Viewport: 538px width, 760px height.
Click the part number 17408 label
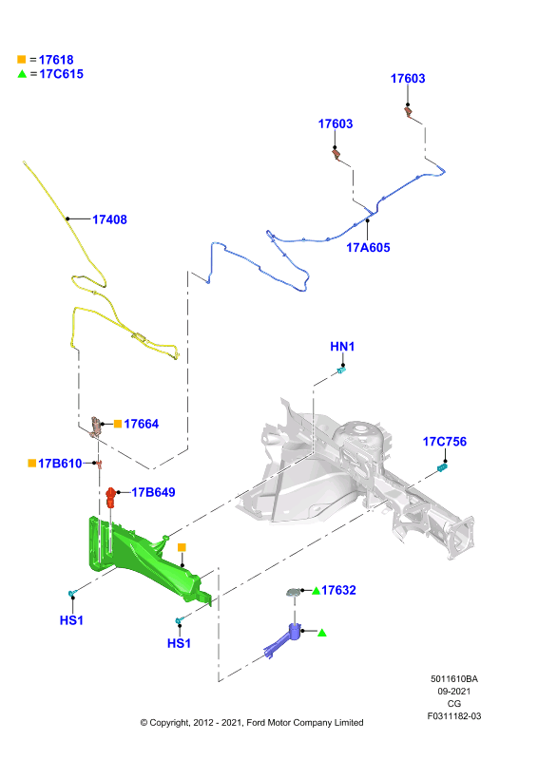(109, 219)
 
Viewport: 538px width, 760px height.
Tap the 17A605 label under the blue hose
(368, 248)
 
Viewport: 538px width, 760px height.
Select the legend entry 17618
(56, 60)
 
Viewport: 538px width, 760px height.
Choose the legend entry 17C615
(62, 74)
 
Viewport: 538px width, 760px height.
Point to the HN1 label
(342, 347)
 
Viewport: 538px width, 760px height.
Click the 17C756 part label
(445, 442)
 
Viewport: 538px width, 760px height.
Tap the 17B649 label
(153, 492)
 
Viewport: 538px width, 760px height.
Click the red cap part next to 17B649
(110, 497)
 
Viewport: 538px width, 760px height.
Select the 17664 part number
(142, 424)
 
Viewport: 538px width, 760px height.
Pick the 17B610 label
(60, 464)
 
